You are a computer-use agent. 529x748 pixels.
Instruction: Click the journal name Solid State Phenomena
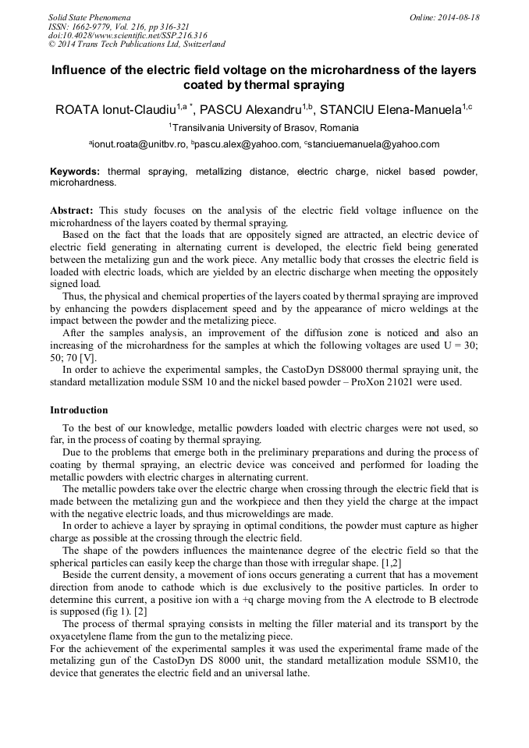[x=89, y=17]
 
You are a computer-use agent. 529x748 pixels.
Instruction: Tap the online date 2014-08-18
[x=459, y=17]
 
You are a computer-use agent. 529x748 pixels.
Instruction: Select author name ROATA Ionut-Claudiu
[x=115, y=109]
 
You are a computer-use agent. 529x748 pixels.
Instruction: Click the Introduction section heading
[x=79, y=410]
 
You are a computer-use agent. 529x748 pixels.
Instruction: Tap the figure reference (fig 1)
[x=103, y=612]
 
